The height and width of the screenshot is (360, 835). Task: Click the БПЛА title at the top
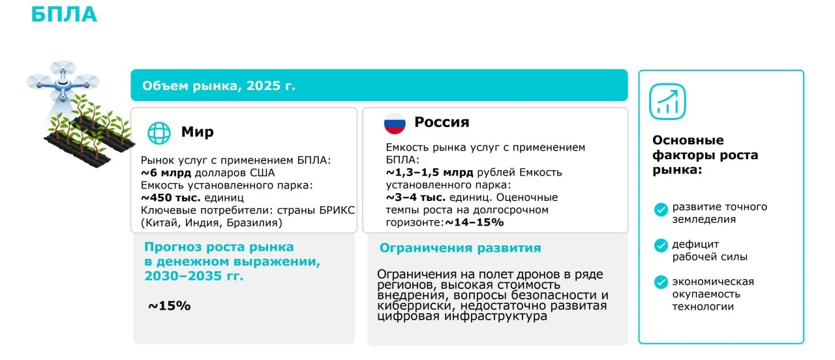pos(64,14)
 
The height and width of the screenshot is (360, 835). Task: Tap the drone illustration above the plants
pos(63,82)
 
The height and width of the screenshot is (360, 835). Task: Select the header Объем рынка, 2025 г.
pos(219,85)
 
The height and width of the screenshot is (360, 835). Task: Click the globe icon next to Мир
pos(159,132)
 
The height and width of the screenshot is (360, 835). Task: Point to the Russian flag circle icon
pos(395,123)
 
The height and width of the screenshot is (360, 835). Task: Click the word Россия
pos(442,122)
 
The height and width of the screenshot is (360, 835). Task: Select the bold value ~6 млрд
pos(166,173)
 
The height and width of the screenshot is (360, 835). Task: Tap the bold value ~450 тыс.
pos(171,198)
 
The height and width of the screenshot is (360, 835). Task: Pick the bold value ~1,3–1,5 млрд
pos(429,173)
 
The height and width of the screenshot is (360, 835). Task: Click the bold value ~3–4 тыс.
pos(416,197)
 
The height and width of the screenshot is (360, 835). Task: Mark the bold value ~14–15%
pos(474,222)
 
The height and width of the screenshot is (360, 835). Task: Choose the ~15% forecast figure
pos(170,306)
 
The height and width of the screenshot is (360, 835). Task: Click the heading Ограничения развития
pos(460,248)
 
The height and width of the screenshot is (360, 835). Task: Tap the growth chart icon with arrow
pos(667,101)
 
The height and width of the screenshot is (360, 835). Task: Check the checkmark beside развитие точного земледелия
pos(661,209)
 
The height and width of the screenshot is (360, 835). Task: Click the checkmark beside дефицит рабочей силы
pos(661,246)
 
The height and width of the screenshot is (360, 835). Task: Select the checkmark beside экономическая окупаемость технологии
pos(661,282)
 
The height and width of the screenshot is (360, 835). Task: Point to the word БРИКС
pos(337,210)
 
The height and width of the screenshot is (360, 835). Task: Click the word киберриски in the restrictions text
pos(416,306)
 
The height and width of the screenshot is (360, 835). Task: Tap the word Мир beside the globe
pos(197,132)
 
